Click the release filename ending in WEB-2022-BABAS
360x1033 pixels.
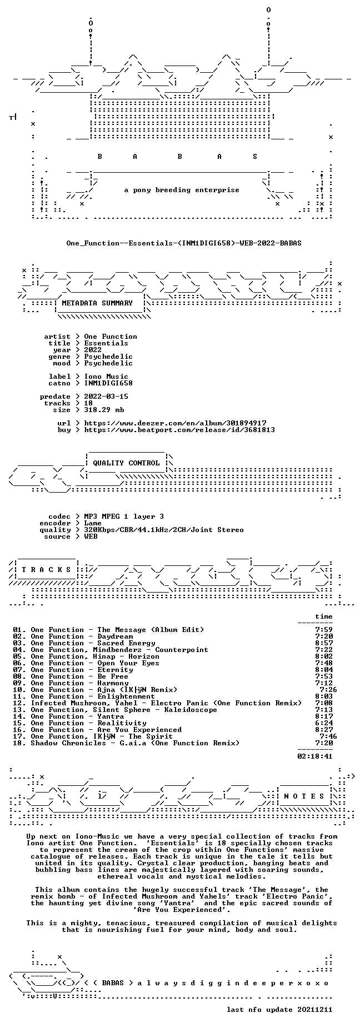tap(184, 243)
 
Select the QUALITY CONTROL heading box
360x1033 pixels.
tap(126, 463)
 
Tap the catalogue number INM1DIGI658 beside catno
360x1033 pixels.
tap(108, 383)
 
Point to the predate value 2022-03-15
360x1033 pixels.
tap(106, 397)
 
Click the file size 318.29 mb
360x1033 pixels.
tap(104, 410)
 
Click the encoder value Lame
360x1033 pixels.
tap(93, 523)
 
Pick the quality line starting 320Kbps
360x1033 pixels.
tap(164, 530)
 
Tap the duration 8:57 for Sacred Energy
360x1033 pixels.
tap(324, 643)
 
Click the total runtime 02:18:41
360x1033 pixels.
tap(315, 756)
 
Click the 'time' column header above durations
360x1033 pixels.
tap(324, 616)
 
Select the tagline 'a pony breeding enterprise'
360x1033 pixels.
tap(182, 190)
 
